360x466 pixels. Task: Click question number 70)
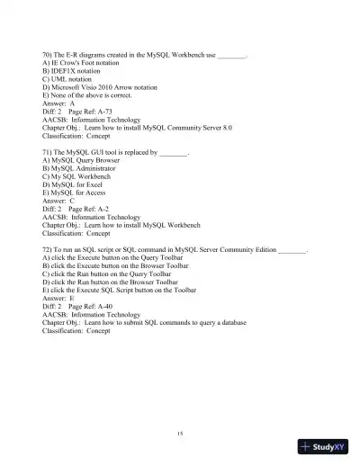tap(49, 56)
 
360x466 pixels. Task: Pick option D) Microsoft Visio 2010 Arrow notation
tap(99, 88)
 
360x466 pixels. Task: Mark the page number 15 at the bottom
tap(180, 434)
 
